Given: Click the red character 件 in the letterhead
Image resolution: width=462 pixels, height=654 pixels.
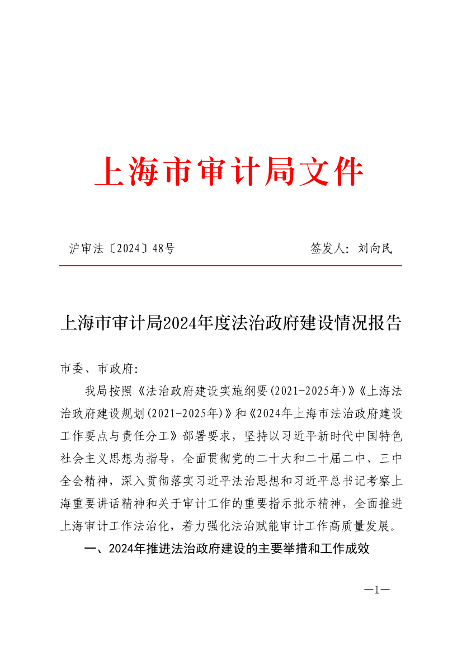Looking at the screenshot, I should coord(347,172).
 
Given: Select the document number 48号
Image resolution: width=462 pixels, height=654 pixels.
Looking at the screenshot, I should coord(163,248).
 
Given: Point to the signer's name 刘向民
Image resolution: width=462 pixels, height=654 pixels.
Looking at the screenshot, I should coord(375,248).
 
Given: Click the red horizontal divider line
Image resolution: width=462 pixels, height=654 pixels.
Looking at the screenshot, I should coord(230,266).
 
